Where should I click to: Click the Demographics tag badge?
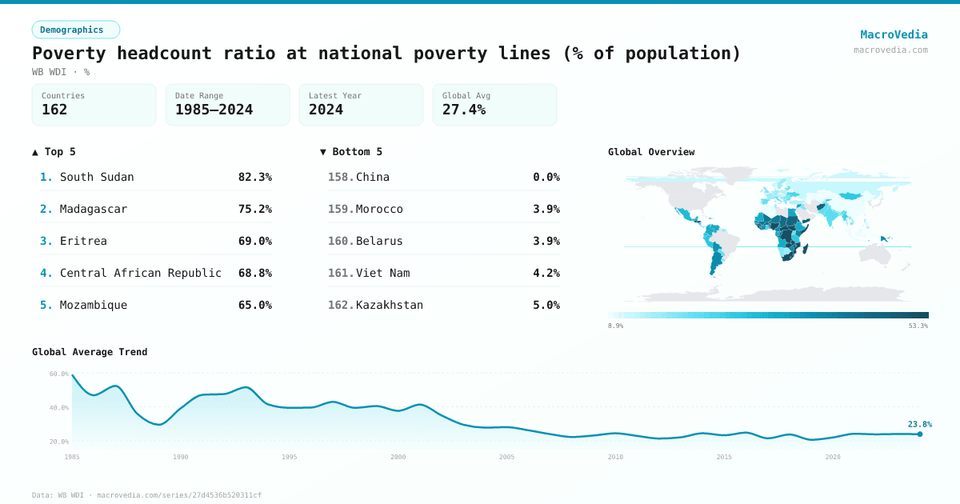point(75,30)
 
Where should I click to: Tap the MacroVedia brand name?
point(894,34)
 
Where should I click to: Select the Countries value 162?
point(54,110)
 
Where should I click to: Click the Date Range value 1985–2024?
point(214,110)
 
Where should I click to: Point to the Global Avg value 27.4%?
point(464,110)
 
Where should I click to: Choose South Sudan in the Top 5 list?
point(97,177)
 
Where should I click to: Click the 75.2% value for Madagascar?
point(254,209)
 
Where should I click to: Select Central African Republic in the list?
point(140,273)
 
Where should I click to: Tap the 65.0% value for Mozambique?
point(254,305)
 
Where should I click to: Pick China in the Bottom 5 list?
point(373,177)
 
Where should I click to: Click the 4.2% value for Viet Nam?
point(546,273)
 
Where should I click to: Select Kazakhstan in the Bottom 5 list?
point(390,305)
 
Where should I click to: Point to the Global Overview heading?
point(651,152)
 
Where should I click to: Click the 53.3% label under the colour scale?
point(918,326)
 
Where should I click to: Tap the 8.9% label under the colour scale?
point(616,326)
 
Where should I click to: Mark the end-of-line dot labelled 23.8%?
point(920,434)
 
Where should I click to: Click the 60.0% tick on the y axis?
point(58,374)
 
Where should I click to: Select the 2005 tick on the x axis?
point(506,457)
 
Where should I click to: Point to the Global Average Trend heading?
point(90,352)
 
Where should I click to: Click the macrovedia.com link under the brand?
point(890,50)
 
